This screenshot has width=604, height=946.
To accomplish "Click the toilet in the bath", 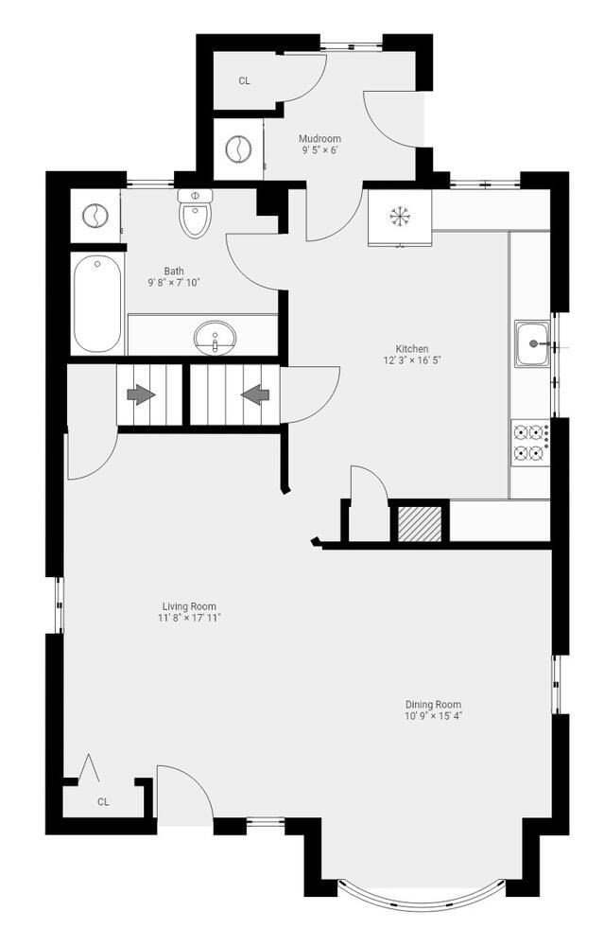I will click(x=195, y=215).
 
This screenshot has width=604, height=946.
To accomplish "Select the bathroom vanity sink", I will click(x=216, y=336).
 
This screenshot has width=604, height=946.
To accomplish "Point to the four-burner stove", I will click(x=530, y=443).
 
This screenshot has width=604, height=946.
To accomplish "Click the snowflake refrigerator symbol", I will click(x=400, y=217).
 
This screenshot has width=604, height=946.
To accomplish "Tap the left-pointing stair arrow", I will click(x=255, y=394).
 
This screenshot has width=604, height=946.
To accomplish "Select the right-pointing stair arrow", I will click(x=141, y=394).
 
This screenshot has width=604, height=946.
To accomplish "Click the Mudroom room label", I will click(x=319, y=138).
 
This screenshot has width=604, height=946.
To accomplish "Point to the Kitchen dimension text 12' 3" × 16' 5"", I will click(x=412, y=360).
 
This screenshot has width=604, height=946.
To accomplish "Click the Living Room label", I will click(x=189, y=606).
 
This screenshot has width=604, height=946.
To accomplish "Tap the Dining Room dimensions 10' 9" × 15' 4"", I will click(x=433, y=716).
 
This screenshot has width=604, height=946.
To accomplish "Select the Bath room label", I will click(x=174, y=271).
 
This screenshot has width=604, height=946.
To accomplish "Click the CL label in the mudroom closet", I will click(x=244, y=81).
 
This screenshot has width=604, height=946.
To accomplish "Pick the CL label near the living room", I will click(x=103, y=802).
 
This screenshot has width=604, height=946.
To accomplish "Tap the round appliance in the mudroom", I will click(x=237, y=149).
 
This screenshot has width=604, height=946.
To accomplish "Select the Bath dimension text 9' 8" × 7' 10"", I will click(x=174, y=283).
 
